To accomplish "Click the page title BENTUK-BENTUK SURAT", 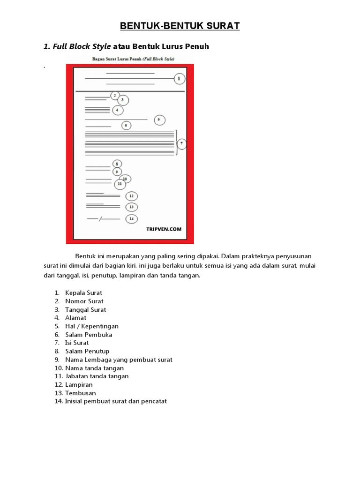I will [180, 26].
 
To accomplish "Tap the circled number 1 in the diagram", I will [179, 79].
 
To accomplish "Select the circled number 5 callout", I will [159, 120].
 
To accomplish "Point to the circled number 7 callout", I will [181, 143].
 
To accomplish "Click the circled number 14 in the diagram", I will [131, 218].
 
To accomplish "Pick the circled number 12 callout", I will [131, 196].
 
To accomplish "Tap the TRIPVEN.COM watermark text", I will [164, 229].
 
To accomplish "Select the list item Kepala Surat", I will [83, 293].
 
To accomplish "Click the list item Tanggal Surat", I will [85, 310].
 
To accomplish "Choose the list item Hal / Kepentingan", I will [91, 326].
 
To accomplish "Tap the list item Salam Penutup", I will [87, 351].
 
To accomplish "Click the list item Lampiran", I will [79, 385].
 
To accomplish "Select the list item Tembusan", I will [80, 393].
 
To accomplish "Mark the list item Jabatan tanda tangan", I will [97, 376].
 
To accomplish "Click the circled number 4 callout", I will [117, 110].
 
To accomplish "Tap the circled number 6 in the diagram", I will [126, 126].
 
